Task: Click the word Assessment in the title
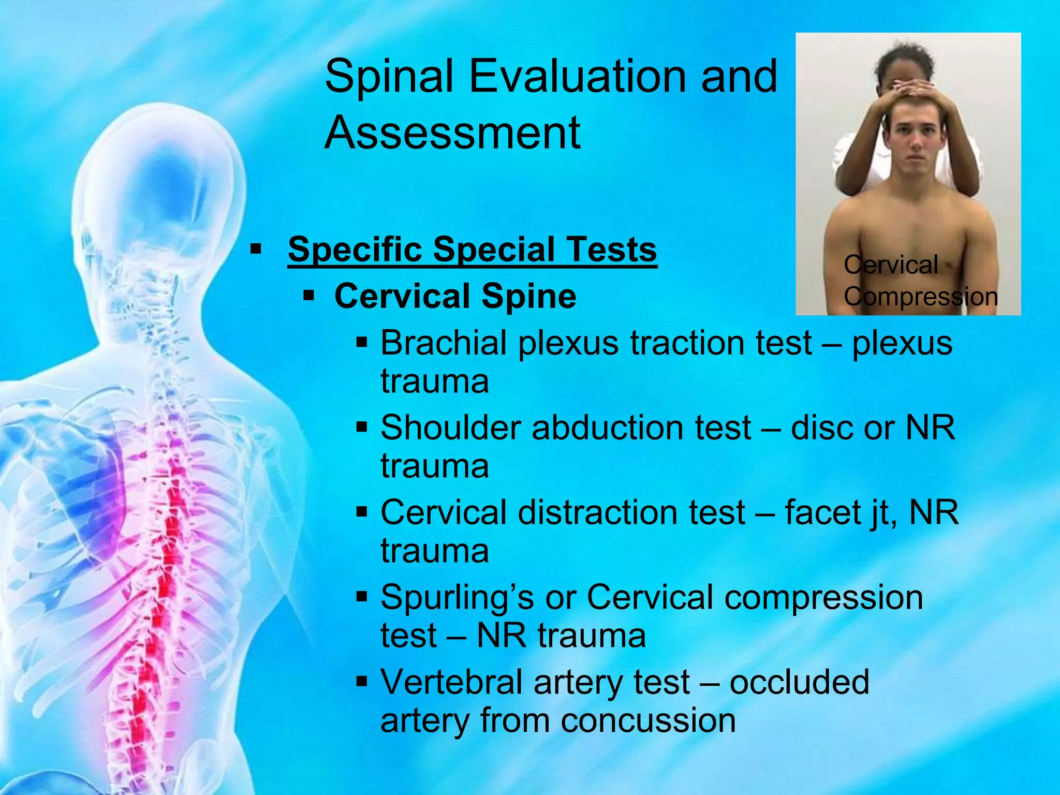(452, 133)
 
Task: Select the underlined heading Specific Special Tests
(472, 249)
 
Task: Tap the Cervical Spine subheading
(455, 297)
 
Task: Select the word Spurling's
(457, 597)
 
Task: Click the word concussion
(647, 720)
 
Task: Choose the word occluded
(799, 682)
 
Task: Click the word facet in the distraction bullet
(819, 512)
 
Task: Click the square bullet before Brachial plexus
(362, 343)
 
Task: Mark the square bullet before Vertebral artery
(362, 681)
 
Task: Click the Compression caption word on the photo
(920, 297)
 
